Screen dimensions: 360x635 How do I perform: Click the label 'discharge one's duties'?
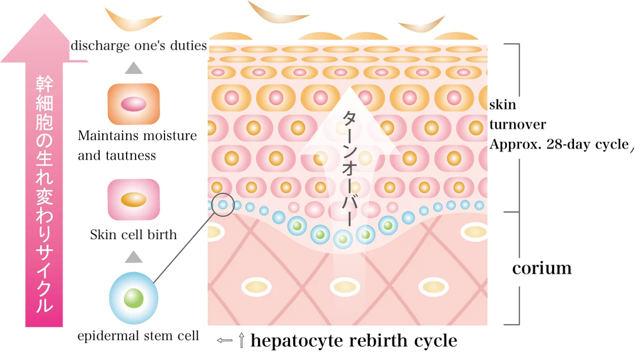(x=139, y=46)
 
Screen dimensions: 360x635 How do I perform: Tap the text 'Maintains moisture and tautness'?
(x=137, y=146)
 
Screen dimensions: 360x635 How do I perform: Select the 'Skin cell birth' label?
(x=134, y=235)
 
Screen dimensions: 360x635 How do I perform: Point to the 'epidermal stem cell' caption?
(x=138, y=336)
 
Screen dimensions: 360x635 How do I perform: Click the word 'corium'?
(x=542, y=268)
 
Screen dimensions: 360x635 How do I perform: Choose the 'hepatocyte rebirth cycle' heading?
(x=354, y=341)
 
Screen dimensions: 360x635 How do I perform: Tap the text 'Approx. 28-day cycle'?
(x=559, y=144)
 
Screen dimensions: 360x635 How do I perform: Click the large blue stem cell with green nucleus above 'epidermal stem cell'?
(x=134, y=297)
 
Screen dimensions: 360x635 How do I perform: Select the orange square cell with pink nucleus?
(x=134, y=104)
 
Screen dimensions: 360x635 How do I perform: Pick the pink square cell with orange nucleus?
(x=134, y=200)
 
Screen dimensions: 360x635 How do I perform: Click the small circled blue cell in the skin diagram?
(x=222, y=204)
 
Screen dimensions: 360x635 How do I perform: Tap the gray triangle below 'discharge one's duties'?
(x=134, y=68)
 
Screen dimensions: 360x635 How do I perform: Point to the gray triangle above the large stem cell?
(x=134, y=256)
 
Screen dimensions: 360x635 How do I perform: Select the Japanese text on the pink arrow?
(x=44, y=193)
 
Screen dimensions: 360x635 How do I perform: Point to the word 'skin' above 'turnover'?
(x=502, y=105)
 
